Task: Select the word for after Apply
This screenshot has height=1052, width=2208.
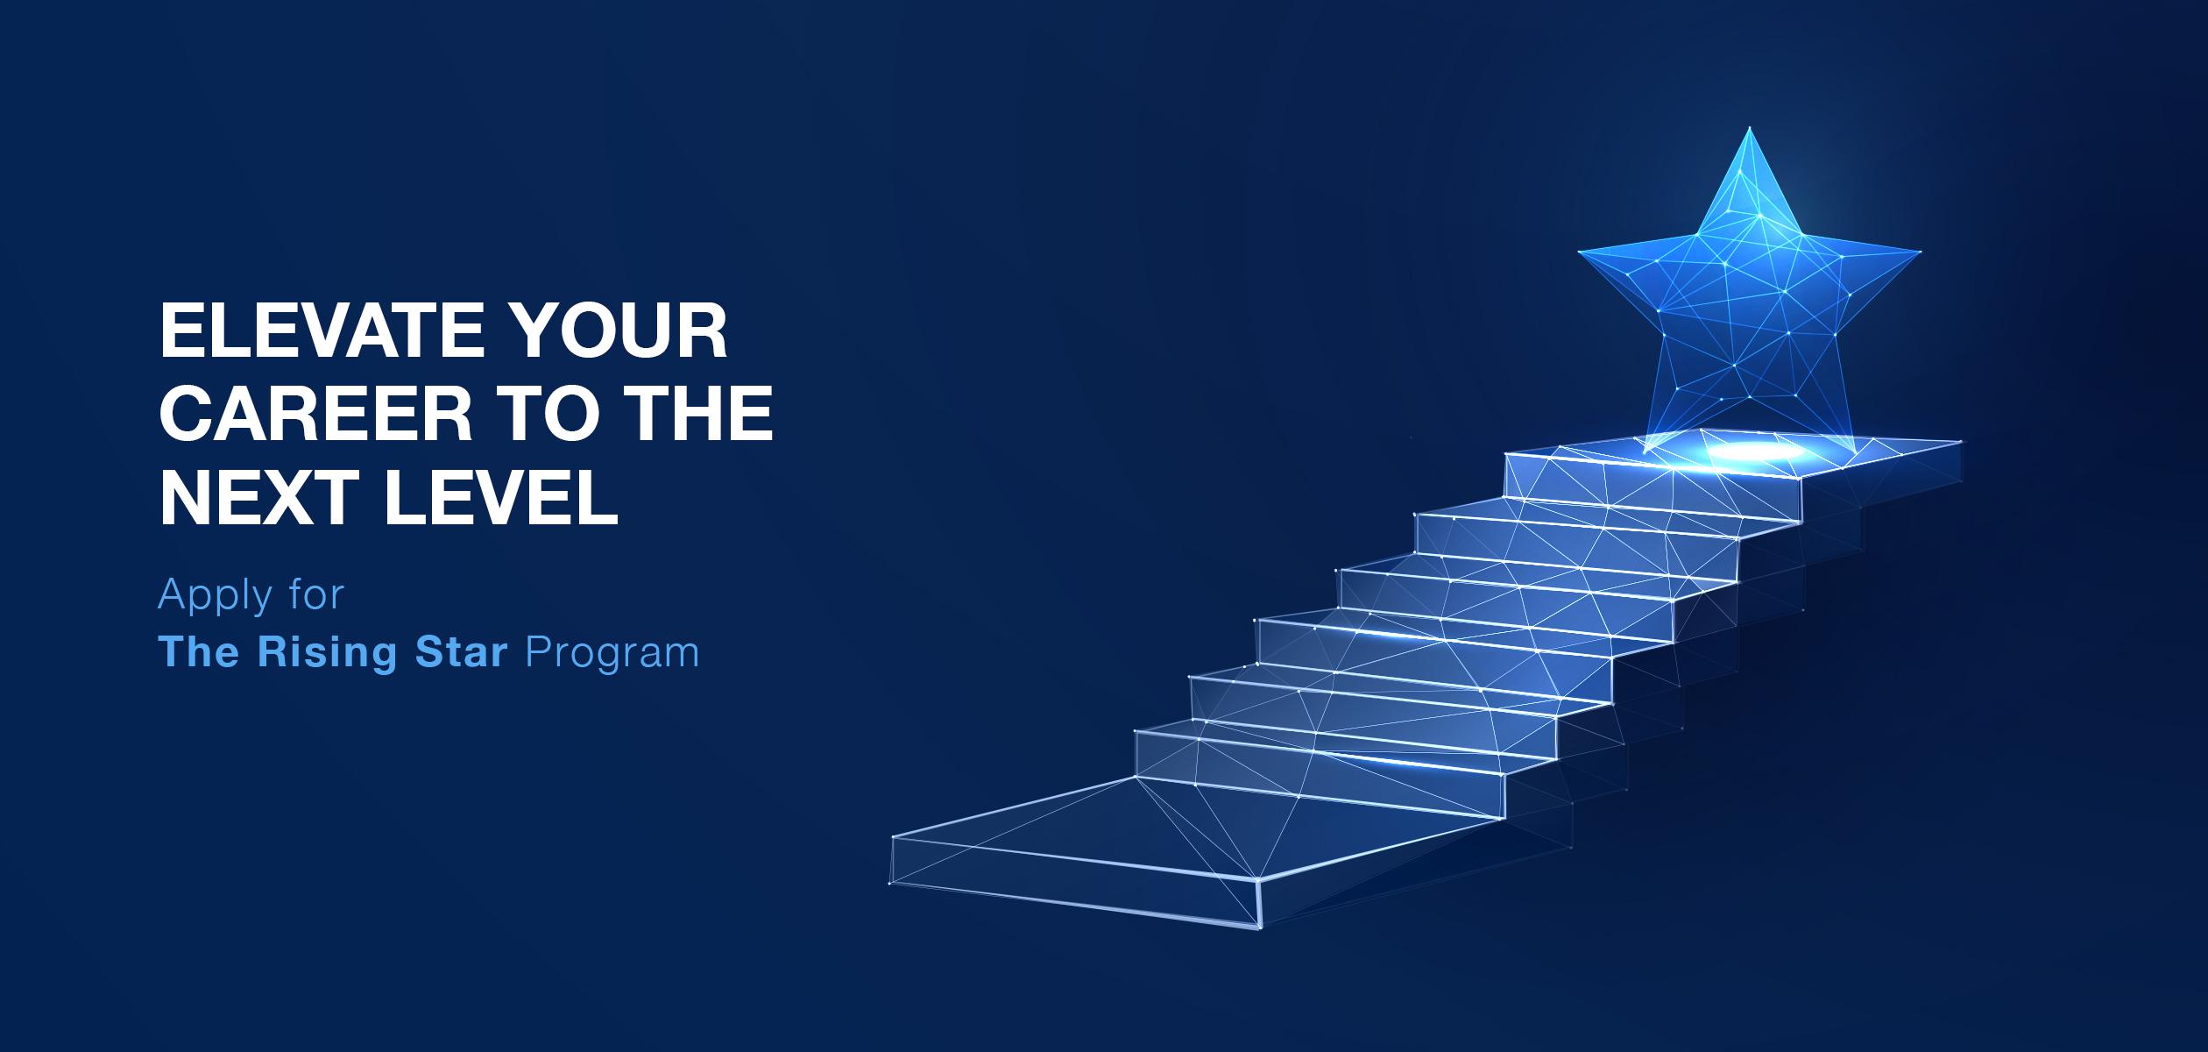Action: [314, 595]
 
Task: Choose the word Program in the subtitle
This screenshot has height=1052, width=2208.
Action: [612, 654]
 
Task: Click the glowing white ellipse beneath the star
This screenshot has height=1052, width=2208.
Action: [1748, 452]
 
